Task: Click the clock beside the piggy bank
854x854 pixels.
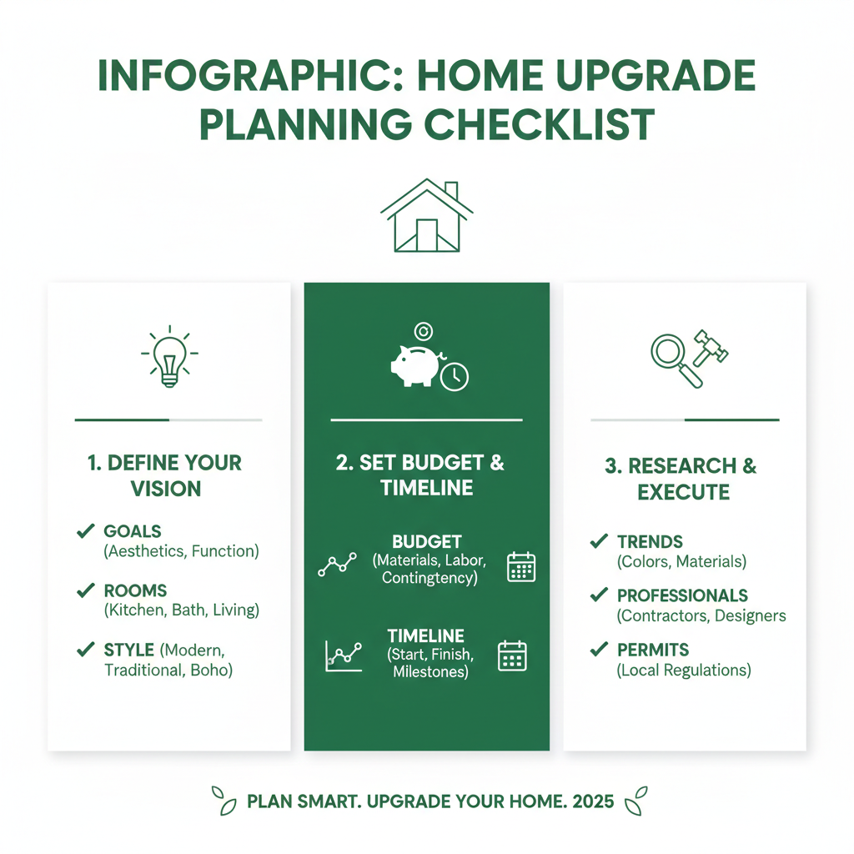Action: [x=455, y=376]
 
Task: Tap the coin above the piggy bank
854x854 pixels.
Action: [x=423, y=331]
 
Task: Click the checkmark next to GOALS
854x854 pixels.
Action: [x=86, y=530]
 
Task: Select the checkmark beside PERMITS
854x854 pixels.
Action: [x=599, y=649]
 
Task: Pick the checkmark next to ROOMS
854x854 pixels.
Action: [x=86, y=590]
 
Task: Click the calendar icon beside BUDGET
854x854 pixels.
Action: [x=521, y=567]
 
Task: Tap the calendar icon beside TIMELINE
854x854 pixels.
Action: [x=512, y=656]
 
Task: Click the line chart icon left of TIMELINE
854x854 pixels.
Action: [x=344, y=656]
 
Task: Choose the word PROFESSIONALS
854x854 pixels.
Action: [x=682, y=595]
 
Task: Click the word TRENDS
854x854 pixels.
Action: [x=650, y=542]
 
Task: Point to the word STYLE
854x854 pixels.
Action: [x=129, y=650]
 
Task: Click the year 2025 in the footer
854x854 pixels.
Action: [x=593, y=801]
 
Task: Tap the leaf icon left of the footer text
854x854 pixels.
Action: [x=224, y=801]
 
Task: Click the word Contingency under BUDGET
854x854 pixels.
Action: [x=430, y=578]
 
